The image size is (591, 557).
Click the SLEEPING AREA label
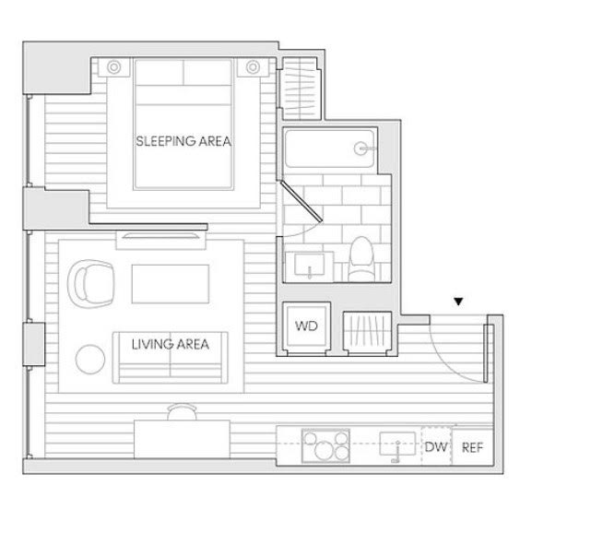tap(183, 141)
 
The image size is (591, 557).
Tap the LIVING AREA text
tap(171, 344)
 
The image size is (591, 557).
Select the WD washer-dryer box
tap(306, 326)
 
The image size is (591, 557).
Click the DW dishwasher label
tap(436, 447)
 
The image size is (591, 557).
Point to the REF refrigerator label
tap(472, 447)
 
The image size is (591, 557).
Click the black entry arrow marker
tap(458, 302)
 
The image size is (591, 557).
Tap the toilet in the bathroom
tap(361, 259)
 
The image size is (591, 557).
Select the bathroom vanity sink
tap(310, 265)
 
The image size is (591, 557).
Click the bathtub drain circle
tap(361, 148)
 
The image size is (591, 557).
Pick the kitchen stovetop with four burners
tap(325, 445)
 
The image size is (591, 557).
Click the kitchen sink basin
tap(397, 444)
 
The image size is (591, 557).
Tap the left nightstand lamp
tap(113, 67)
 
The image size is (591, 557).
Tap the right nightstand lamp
tap(253, 67)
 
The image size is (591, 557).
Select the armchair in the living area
tap(91, 283)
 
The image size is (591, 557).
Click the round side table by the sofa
tap(90, 360)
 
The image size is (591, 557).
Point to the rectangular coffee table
tap(171, 284)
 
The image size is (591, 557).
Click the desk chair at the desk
tap(182, 412)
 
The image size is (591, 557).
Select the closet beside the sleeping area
tap(301, 89)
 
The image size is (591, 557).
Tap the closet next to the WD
tap(368, 333)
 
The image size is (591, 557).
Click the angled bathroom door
tap(301, 201)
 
